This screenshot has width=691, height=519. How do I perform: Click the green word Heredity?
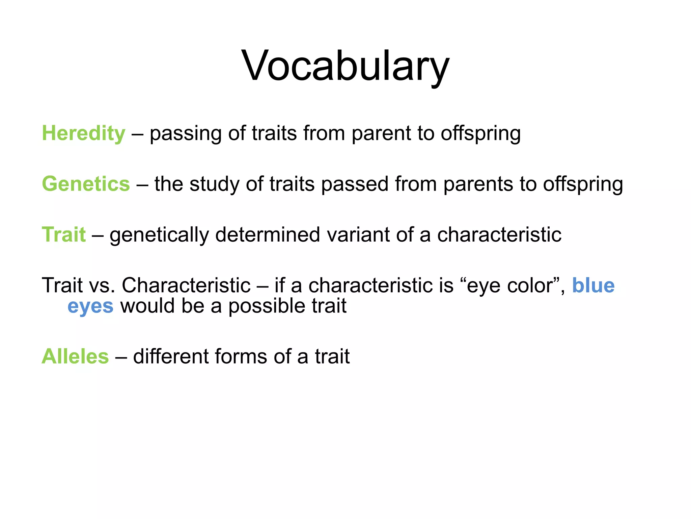[83, 133]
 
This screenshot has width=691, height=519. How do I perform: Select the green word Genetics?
[86, 184]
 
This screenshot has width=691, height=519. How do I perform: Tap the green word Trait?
[63, 234]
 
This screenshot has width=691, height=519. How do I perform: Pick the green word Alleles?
[75, 356]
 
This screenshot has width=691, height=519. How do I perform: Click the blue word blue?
[593, 286]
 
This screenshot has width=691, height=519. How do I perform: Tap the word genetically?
[159, 235]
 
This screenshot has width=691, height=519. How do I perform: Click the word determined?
[268, 234]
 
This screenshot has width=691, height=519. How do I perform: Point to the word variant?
[358, 234]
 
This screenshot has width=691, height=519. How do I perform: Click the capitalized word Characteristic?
[186, 286]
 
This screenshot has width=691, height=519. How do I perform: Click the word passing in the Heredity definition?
[186, 134]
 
